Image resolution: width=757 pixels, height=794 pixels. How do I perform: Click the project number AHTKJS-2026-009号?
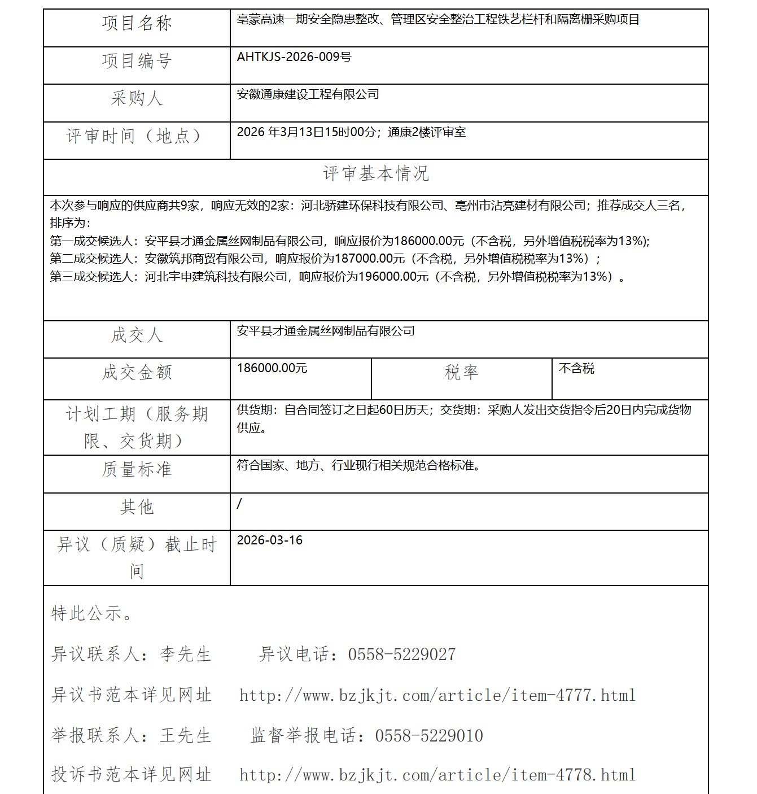(x=294, y=57)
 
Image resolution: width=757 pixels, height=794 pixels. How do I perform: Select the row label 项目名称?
(x=137, y=23)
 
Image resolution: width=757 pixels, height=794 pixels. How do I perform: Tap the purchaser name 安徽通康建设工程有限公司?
(x=308, y=94)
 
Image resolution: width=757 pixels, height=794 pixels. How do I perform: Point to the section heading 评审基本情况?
(x=376, y=173)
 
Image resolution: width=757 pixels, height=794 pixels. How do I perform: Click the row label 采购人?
(x=137, y=98)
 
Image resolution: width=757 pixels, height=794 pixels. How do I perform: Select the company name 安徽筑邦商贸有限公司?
(x=204, y=259)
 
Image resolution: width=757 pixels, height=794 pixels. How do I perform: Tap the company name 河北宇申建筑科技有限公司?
(x=216, y=277)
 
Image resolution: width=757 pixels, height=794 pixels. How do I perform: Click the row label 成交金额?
(x=137, y=373)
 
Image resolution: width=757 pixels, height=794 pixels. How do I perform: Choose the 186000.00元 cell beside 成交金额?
(x=272, y=368)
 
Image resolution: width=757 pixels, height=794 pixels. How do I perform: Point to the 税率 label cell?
(x=461, y=372)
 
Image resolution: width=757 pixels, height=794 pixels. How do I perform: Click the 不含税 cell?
(x=576, y=369)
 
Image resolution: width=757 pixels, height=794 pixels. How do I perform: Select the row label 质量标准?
(x=137, y=469)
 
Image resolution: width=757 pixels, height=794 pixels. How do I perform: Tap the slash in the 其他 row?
(x=239, y=503)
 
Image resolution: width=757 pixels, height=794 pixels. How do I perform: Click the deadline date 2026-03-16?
(x=269, y=540)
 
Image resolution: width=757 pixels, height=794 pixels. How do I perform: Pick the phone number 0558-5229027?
(x=401, y=655)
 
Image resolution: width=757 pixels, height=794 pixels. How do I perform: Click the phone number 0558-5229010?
(x=428, y=736)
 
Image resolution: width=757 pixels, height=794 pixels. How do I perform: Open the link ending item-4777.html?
(x=437, y=695)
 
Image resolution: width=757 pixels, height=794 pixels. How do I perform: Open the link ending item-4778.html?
(x=437, y=775)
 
